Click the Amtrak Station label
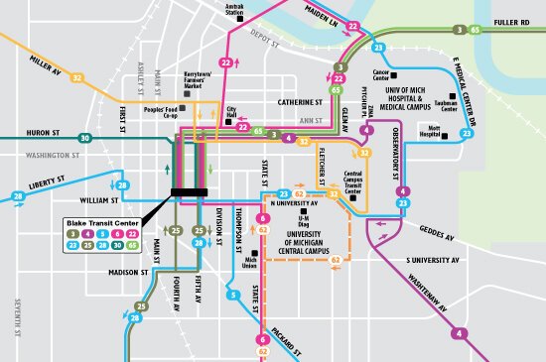click(234, 12)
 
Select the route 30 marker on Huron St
click(85, 138)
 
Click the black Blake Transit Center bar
click(189, 191)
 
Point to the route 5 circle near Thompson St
click(234, 295)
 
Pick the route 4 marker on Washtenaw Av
click(460, 333)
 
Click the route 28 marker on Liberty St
click(122, 185)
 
